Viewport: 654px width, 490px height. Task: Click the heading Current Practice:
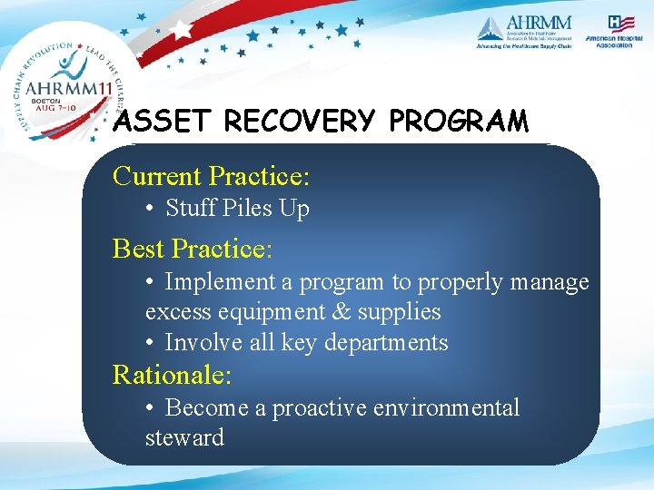click(211, 175)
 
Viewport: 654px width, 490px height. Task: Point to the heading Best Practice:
click(193, 248)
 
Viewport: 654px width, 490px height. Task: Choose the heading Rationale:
click(172, 373)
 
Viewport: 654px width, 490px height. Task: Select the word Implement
click(222, 282)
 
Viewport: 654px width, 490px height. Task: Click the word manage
click(550, 282)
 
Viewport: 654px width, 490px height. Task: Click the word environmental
click(454, 408)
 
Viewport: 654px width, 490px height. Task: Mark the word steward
click(184, 437)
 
